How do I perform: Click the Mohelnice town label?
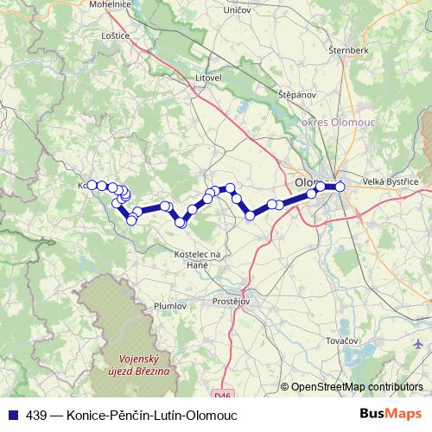[x=108, y=3]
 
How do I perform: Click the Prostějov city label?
[x=231, y=301]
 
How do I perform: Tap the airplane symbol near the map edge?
[x=418, y=345]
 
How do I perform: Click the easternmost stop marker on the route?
[x=340, y=187]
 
